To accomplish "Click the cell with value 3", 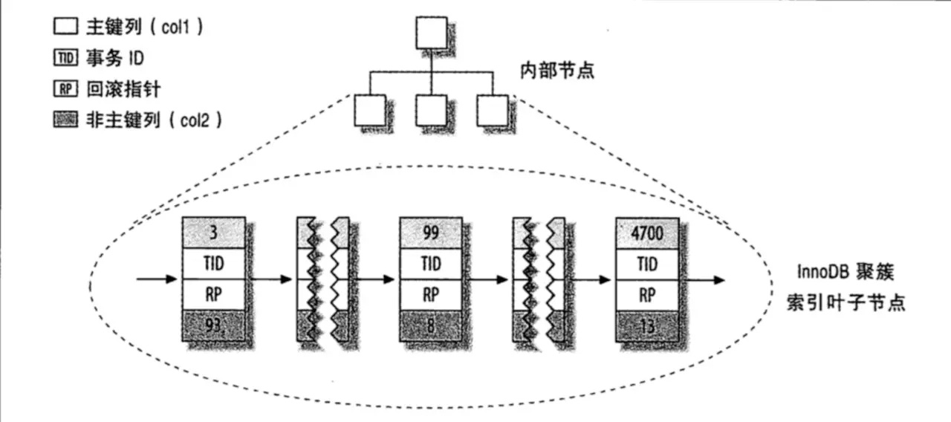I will pyautogui.click(x=213, y=233).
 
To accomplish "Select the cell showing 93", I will pyautogui.click(x=213, y=325).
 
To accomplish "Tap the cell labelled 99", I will pyautogui.click(x=430, y=233).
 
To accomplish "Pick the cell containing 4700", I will pyautogui.click(x=646, y=233).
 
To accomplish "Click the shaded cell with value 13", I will pyautogui.click(x=646, y=325).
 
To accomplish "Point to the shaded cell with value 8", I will pyautogui.click(x=430, y=325).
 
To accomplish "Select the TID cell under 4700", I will pyautogui.click(x=646, y=264).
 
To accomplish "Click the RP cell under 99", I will pyautogui.click(x=430, y=294).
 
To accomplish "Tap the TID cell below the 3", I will pyautogui.click(x=213, y=264).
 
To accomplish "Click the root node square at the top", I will pyautogui.click(x=431, y=32).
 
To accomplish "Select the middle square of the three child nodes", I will pyautogui.click(x=431, y=110).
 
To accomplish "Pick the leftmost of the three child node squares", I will pyautogui.click(x=369, y=110).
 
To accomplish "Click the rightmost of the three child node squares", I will pyautogui.click(x=493, y=110).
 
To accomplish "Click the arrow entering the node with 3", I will pyautogui.click(x=158, y=280).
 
